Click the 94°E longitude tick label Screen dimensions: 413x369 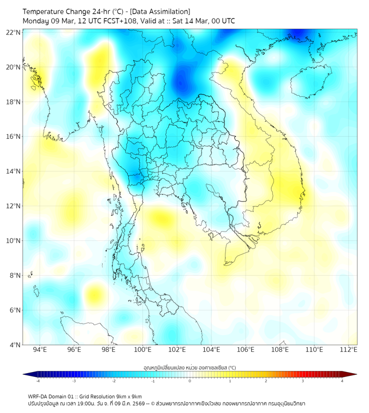(40, 350)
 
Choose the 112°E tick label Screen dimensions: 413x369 (348, 350)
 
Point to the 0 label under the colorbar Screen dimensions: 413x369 (190, 381)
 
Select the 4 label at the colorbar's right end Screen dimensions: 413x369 (342, 381)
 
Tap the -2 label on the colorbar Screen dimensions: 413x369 (114, 381)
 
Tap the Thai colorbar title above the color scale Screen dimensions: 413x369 (189, 367)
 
